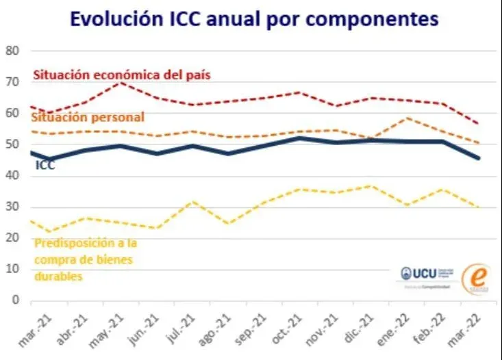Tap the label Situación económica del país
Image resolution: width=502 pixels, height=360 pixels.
tap(122, 74)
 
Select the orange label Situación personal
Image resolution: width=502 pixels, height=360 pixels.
tap(88, 118)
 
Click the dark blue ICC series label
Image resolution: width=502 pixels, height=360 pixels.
tap(45, 165)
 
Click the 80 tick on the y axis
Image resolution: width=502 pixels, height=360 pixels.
tap(12, 51)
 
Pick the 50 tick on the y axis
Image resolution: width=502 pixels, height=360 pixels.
tap(12, 144)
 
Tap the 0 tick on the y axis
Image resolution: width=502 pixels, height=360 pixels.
tap(15, 300)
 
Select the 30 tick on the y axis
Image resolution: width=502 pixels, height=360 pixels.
tap(12, 207)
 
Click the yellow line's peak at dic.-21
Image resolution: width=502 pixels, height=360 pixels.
tap(370, 185)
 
